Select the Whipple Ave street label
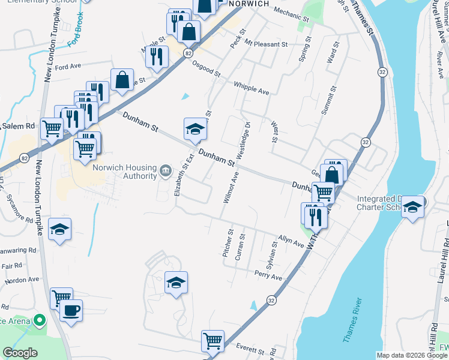pos(251,88)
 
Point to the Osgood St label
pos(206,70)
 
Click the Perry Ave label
pos(268,275)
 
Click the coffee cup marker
pos(71,311)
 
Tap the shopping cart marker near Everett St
pos(212,341)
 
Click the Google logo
pos(20,353)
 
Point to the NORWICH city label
pos(248,4)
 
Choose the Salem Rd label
pos(19,126)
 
